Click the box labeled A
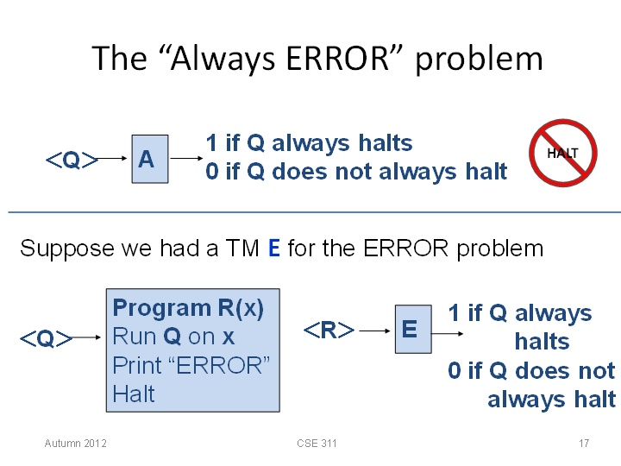tap(150, 159)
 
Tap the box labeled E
tap(413, 329)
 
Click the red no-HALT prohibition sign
tap(562, 153)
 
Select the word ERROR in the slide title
tap(338, 59)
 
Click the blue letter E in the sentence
tap(274, 249)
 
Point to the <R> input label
tap(329, 330)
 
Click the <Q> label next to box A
tap(72, 161)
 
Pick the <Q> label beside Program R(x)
tap(46, 339)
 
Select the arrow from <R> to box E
tap(374, 331)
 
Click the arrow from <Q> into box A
tap(112, 159)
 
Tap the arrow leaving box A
tap(186, 159)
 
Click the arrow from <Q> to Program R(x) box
tap(86, 337)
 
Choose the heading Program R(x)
tap(188, 308)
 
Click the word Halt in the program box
tap(134, 394)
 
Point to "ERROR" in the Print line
tap(219, 365)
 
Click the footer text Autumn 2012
tap(75, 443)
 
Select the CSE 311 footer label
tap(317, 443)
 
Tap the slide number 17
tap(584, 443)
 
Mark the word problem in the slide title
tap(480, 60)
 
